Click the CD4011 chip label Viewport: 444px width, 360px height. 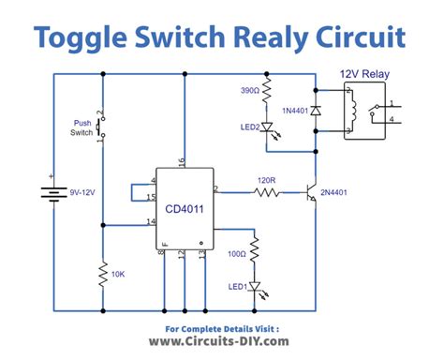tap(185, 209)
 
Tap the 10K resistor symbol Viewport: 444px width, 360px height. tap(103, 275)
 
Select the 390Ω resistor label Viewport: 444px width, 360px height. tap(250, 91)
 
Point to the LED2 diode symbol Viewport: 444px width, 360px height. tap(267, 127)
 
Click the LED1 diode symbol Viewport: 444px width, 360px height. tap(255, 287)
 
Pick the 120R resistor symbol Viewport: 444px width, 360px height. tap(266, 192)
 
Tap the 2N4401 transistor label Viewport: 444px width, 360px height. tap(333, 192)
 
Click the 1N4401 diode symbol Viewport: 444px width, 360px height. tap(316, 111)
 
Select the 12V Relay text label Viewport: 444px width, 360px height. tap(364, 74)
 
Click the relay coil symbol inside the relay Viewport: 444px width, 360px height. tap(353, 111)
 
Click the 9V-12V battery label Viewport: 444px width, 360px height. tap(82, 192)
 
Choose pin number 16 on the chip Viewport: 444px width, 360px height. tap(182, 162)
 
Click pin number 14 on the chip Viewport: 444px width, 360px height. tap(151, 221)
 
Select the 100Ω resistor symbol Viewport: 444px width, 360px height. tap(255, 249)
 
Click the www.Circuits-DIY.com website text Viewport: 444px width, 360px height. tap(219, 341)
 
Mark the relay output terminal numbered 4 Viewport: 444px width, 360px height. tap(392, 119)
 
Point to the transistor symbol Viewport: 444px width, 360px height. tap(311, 192)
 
